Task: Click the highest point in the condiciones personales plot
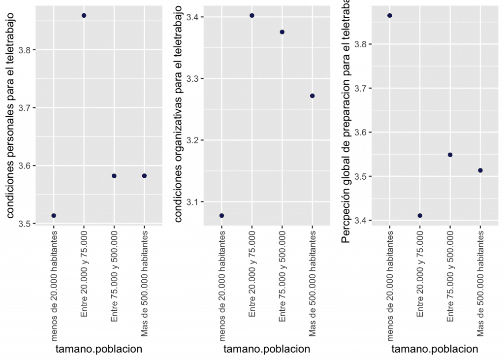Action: tap(84, 16)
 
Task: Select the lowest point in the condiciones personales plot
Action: tap(54, 216)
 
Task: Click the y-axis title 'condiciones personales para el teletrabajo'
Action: tap(11, 116)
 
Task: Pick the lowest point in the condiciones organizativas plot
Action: tap(221, 216)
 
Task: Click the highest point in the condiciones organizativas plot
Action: tap(252, 16)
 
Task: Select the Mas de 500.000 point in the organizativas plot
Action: tap(313, 96)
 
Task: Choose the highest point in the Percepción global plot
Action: tap(390, 16)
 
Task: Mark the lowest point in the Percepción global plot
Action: tap(420, 216)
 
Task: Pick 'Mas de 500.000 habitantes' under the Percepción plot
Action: tap(480, 286)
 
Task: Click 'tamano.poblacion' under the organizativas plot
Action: tap(267, 349)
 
